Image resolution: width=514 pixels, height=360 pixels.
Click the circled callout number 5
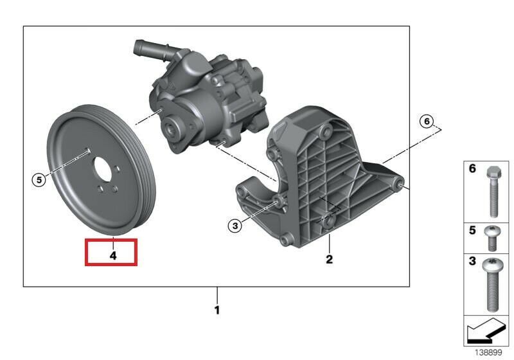pos(39,180)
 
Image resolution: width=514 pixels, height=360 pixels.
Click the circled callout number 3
pos(235,226)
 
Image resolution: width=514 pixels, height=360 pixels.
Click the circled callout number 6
pos(427,122)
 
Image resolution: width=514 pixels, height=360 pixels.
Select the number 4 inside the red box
pos(113,256)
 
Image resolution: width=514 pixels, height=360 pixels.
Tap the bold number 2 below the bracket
pos(329,259)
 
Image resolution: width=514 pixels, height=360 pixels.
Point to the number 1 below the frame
pos(217,310)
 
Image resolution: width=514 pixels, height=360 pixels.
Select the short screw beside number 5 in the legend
pos(492,238)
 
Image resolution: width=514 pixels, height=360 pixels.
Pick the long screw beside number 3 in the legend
pos(492,284)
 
